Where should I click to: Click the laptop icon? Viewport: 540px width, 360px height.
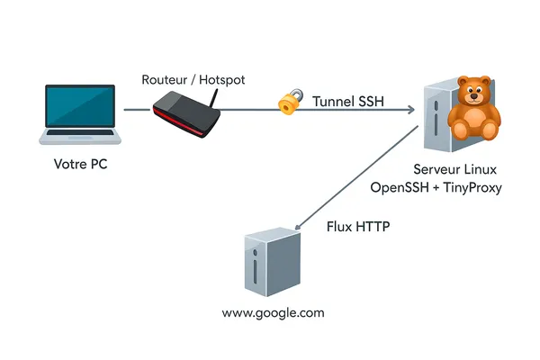click(x=80, y=113)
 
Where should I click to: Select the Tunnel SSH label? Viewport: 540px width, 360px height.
click(x=348, y=102)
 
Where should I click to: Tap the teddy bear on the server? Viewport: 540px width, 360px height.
click(x=473, y=110)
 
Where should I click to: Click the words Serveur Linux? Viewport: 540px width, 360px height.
click(x=454, y=169)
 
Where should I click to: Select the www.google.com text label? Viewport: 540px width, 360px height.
click(x=273, y=313)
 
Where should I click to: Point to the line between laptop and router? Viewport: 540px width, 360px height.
click(x=136, y=111)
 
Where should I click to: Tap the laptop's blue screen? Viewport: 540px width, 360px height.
click(x=80, y=106)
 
